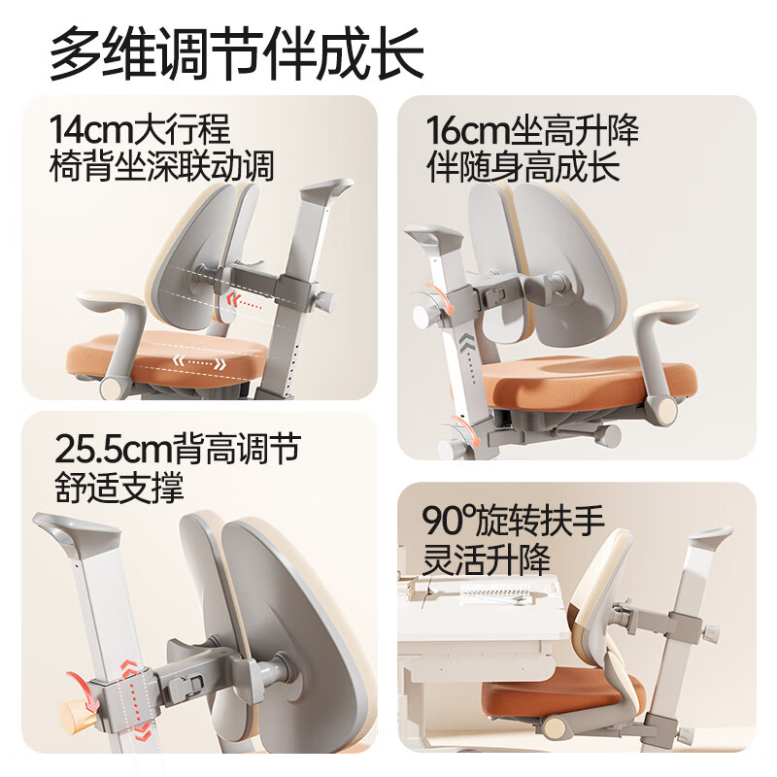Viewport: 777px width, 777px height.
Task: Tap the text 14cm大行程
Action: pyautogui.click(x=141, y=130)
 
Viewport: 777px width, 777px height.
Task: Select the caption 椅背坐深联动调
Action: pyautogui.click(x=161, y=166)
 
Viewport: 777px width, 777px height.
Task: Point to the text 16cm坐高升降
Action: pyautogui.click(x=532, y=130)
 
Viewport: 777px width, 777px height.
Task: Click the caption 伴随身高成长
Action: pyautogui.click(x=524, y=166)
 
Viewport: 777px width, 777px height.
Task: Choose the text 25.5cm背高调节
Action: pyautogui.click(x=177, y=450)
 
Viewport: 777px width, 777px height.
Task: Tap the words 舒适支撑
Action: pyautogui.click(x=118, y=487)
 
